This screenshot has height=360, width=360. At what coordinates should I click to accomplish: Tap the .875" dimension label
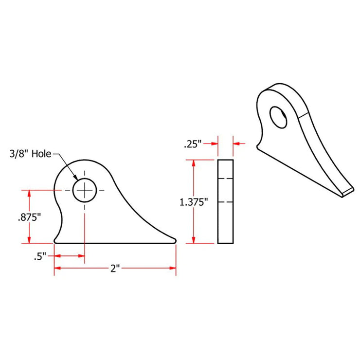click(x=29, y=217)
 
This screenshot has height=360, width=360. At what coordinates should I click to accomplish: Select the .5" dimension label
click(x=40, y=256)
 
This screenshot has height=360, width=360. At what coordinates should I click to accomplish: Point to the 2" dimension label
click(x=115, y=268)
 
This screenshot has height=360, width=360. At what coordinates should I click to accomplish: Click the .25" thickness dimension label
click(x=192, y=144)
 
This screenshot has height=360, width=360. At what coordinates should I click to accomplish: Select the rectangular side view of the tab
click(x=225, y=201)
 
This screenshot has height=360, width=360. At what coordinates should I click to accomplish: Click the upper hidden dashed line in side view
click(x=225, y=179)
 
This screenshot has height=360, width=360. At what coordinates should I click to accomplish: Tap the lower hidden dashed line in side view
click(x=225, y=201)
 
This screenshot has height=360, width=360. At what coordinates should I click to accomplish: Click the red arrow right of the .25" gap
click(x=238, y=144)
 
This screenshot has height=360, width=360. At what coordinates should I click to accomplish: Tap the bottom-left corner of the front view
click(x=55, y=241)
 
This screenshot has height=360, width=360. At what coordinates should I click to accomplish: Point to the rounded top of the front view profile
click(x=83, y=161)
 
